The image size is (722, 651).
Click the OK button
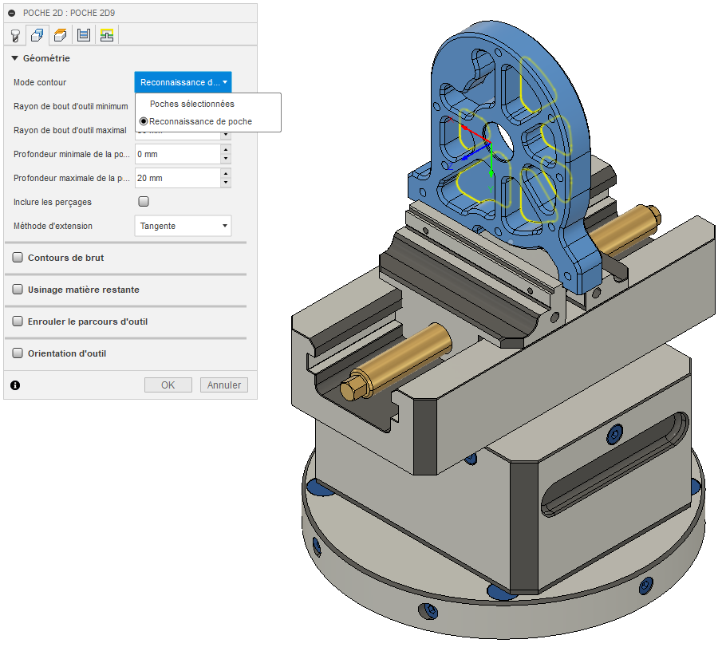168,385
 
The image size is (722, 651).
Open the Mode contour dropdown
183,82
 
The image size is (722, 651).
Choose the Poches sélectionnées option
192,104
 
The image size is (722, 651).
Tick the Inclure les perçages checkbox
144,202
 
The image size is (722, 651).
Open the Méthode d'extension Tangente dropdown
183,226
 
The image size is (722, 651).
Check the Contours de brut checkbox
18,258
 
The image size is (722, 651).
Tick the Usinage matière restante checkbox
18,289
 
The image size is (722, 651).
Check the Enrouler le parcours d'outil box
18,321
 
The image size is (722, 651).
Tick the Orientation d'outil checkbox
18,353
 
